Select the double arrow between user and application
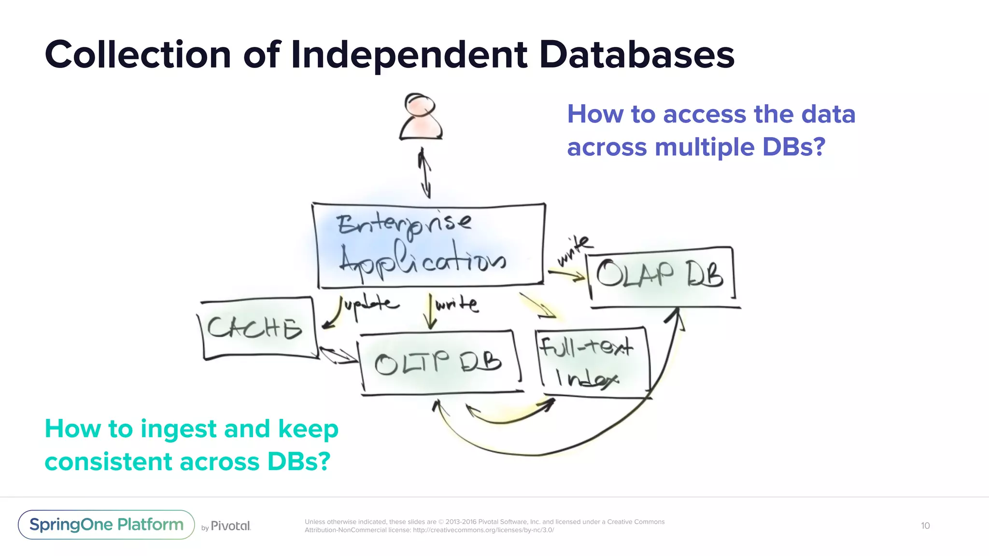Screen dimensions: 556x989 [x=425, y=173]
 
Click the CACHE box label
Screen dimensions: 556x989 [x=254, y=328]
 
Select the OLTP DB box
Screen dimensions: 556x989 [x=438, y=362]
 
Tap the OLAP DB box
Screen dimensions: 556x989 [x=660, y=275]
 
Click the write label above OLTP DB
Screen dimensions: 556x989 [x=457, y=305]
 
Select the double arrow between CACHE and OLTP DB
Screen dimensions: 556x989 [x=338, y=356]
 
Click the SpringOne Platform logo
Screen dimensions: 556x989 [x=106, y=525]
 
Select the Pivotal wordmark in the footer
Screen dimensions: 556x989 [x=230, y=526]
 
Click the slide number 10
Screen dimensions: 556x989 [x=925, y=526]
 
